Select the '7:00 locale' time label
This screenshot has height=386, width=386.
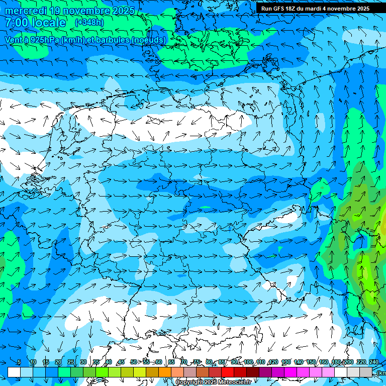(35, 23)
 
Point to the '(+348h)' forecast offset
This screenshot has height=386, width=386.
(89, 23)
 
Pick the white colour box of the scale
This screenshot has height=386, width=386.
(14, 372)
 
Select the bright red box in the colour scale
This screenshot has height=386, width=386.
(228, 372)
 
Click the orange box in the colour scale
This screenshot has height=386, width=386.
(165, 372)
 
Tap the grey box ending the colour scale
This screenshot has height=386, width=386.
(366, 372)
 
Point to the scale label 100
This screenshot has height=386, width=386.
(248, 362)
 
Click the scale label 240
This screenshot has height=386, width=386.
(374, 362)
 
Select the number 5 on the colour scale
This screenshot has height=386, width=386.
(19, 362)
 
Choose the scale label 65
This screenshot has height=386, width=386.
(171, 362)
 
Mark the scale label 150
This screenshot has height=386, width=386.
(311, 362)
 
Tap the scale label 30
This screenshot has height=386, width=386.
(83, 362)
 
